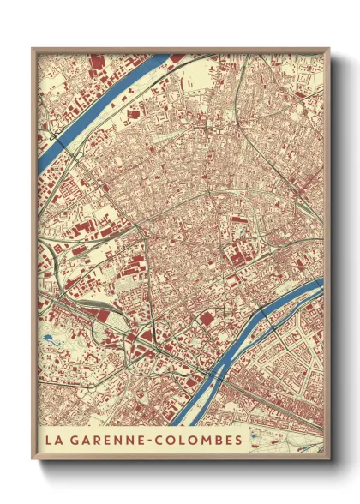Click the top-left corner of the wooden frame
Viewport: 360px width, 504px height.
click(x=33, y=49)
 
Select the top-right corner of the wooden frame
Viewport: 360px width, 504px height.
click(x=329, y=49)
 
